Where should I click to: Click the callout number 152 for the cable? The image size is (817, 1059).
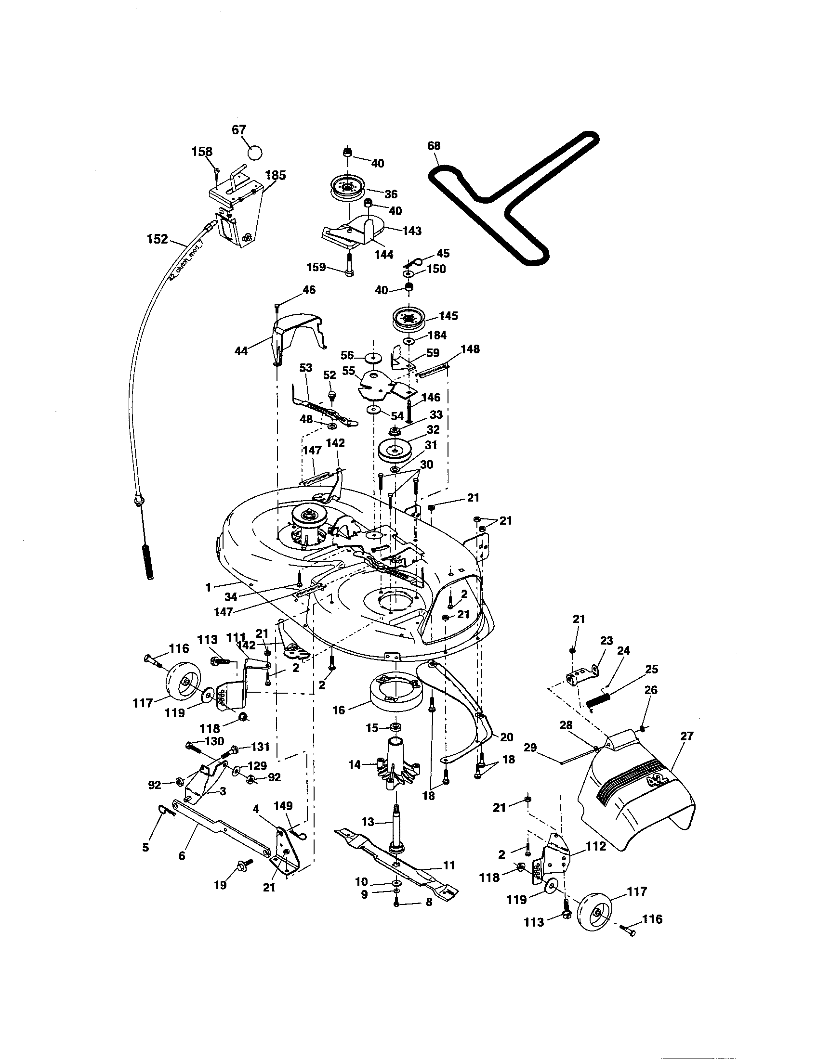tap(158, 239)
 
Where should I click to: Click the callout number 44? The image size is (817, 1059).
tap(241, 350)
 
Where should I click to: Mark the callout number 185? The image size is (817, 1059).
tap(275, 175)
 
